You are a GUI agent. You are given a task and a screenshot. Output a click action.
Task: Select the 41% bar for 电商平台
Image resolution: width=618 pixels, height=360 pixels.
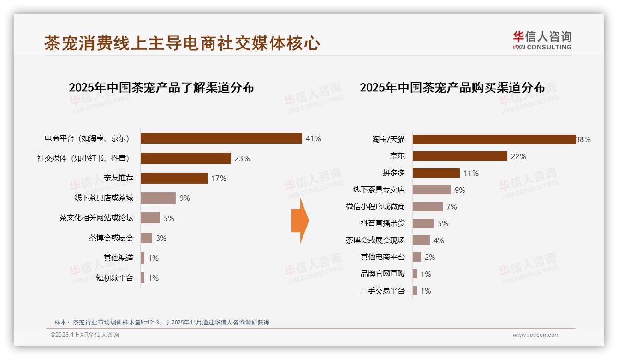point(221,138)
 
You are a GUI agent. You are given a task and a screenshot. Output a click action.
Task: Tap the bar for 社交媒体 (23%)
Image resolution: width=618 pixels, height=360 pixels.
point(185,158)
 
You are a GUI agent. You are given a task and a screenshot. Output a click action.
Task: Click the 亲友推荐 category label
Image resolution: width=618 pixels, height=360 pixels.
point(119,178)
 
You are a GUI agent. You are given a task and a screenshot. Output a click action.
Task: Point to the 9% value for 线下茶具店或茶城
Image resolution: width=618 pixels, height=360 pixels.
point(184,198)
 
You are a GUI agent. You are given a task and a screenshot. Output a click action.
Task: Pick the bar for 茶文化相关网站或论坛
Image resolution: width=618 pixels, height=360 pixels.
point(150,218)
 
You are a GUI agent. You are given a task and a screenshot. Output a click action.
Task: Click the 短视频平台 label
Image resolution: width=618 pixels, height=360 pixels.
point(115,278)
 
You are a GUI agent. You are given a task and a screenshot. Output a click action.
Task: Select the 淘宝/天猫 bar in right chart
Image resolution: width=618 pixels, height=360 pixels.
point(494,139)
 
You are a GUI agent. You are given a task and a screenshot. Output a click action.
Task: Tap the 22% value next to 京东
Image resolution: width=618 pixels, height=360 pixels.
point(518,156)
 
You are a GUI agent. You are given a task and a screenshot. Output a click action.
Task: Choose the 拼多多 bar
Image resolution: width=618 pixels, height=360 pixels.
point(436,173)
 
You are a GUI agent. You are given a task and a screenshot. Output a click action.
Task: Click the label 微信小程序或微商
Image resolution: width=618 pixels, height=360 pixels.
point(375,207)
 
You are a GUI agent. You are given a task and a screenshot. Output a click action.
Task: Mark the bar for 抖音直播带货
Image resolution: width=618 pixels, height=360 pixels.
point(423,223)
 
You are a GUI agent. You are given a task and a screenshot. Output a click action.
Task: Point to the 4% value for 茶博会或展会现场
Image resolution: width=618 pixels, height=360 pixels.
point(439,240)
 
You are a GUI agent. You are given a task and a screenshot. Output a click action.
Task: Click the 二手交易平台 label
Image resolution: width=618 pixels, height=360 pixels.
point(383,291)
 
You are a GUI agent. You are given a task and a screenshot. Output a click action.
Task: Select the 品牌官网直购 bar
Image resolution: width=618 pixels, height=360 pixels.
point(415,274)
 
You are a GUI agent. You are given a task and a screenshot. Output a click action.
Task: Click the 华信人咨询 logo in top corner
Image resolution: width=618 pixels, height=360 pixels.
point(542,40)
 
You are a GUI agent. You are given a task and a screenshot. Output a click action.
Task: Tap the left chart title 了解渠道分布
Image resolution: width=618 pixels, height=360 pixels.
point(161,88)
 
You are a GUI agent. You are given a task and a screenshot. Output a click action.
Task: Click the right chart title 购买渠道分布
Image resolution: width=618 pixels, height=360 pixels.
point(452,88)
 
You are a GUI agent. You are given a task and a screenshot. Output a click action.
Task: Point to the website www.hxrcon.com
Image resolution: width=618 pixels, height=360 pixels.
point(536,335)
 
